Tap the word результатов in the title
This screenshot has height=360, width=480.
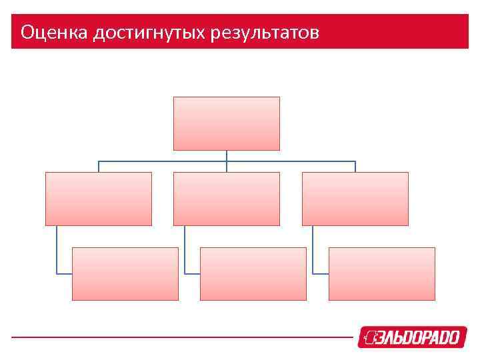pyautogui.click(x=265, y=32)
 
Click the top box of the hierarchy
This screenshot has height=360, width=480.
pyautogui.click(x=226, y=123)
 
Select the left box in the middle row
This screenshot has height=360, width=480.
pyautogui.click(x=99, y=199)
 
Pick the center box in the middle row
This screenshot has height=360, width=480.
pyautogui.click(x=226, y=199)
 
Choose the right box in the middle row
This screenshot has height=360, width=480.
pyautogui.click(x=355, y=199)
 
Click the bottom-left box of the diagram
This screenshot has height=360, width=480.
pyautogui.click(x=125, y=273)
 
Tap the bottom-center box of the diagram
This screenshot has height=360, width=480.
pyautogui.click(x=253, y=273)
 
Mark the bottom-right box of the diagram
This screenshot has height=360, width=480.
pyautogui.click(x=381, y=273)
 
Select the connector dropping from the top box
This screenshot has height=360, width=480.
pyautogui.click(x=226, y=155)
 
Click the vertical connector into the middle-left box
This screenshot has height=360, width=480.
pyautogui.click(x=99, y=167)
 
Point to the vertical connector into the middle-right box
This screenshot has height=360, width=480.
pyautogui.click(x=355, y=167)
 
